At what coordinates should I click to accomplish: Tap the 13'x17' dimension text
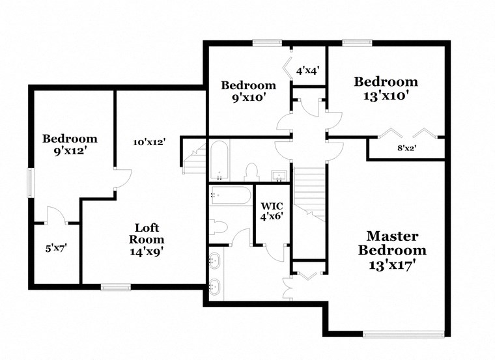(392, 265)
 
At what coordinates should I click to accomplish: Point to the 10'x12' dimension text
(149, 142)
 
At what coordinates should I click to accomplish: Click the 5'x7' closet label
(56, 247)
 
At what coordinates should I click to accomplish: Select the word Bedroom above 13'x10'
(386, 81)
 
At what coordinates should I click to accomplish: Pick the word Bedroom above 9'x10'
(248, 85)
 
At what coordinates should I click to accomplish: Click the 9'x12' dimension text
(70, 150)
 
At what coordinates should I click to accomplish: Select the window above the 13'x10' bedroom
(356, 44)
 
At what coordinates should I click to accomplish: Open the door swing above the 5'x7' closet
(55, 215)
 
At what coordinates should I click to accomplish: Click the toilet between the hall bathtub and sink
(251, 172)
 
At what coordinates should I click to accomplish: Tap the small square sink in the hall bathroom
(279, 174)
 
